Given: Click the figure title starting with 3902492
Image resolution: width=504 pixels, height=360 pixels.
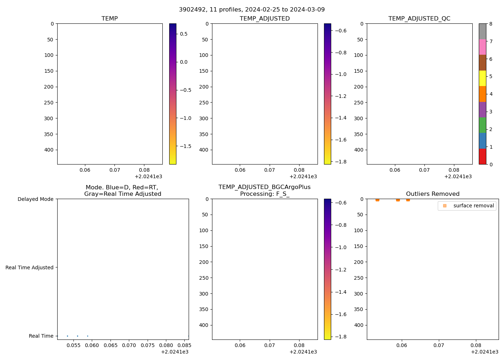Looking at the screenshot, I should click(252, 10).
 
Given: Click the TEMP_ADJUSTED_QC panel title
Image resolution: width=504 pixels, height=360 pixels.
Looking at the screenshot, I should click(419, 19).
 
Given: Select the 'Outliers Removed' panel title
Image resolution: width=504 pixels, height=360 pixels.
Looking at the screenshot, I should click(432, 194).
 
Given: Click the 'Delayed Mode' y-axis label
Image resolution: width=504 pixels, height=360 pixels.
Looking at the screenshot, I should click(35, 199).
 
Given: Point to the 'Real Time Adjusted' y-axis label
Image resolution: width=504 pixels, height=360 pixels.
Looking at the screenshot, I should click(29, 267).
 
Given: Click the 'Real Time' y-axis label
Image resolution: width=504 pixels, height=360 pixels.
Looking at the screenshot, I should click(41, 336).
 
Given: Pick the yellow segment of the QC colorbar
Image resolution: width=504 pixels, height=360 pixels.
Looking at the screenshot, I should click(482, 78).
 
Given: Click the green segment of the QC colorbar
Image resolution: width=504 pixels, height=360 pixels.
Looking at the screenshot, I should click(482, 125).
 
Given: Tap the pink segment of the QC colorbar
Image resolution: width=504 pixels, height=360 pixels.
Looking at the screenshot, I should click(482, 47).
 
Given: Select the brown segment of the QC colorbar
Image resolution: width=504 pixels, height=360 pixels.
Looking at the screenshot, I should click(482, 63).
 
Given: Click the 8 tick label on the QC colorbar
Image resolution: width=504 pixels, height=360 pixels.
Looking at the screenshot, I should click(490, 24).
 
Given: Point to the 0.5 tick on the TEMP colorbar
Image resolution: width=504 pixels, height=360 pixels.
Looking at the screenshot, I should click(184, 34).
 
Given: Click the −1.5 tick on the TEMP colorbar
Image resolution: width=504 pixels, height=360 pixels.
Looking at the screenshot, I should click(185, 146).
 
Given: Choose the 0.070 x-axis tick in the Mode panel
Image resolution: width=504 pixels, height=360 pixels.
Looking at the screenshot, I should click(129, 345).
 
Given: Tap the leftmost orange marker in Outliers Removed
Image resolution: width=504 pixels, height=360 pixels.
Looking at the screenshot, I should click(377, 199).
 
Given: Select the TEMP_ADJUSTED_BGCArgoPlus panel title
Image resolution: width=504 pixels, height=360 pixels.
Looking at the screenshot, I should click(264, 190).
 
